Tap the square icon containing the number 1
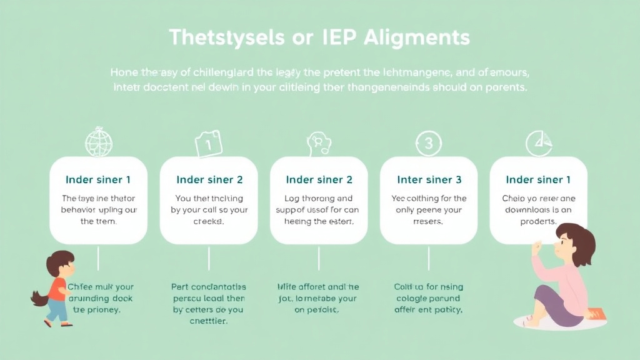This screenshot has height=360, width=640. click(x=209, y=145)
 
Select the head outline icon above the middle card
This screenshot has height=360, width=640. click(x=318, y=143)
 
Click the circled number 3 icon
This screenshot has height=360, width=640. click(x=428, y=144)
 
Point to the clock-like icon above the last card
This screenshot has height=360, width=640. click(x=538, y=143)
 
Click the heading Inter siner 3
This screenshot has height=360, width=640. click(x=429, y=180)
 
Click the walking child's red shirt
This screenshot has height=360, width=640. click(x=58, y=288)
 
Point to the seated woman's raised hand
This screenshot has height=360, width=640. click(x=537, y=247)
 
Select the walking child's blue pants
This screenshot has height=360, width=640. click(x=58, y=309)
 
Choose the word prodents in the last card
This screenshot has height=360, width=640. click(x=537, y=222)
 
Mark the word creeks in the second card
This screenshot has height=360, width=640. click(x=209, y=222)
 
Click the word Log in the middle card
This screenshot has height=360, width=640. click(x=294, y=199)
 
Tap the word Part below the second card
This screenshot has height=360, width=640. click(x=180, y=287)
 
